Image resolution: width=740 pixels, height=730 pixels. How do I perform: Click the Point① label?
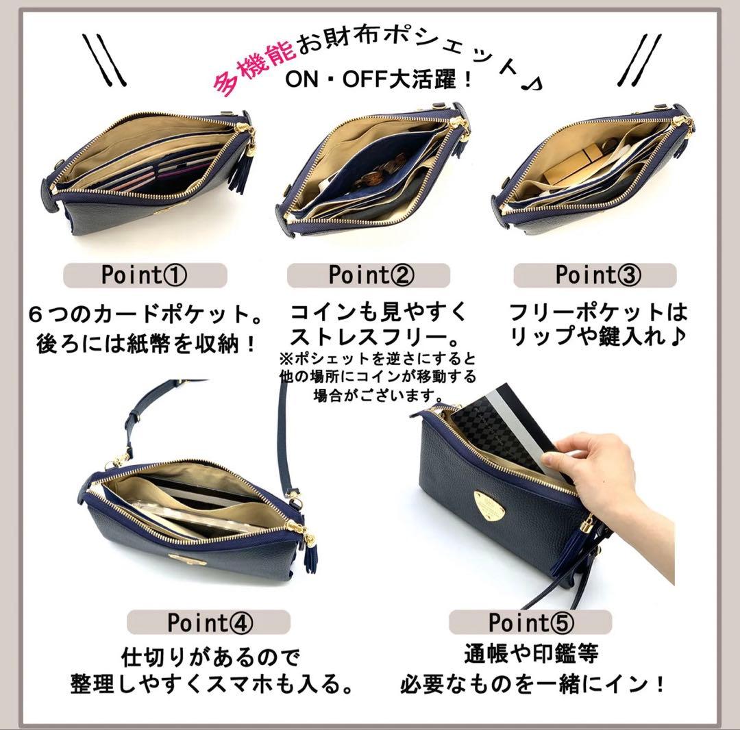(145, 275)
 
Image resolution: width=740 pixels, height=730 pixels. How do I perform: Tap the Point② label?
(371, 275)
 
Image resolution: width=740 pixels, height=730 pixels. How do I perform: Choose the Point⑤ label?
(530, 622)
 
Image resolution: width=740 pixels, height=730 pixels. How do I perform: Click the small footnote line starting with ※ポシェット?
(377, 359)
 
